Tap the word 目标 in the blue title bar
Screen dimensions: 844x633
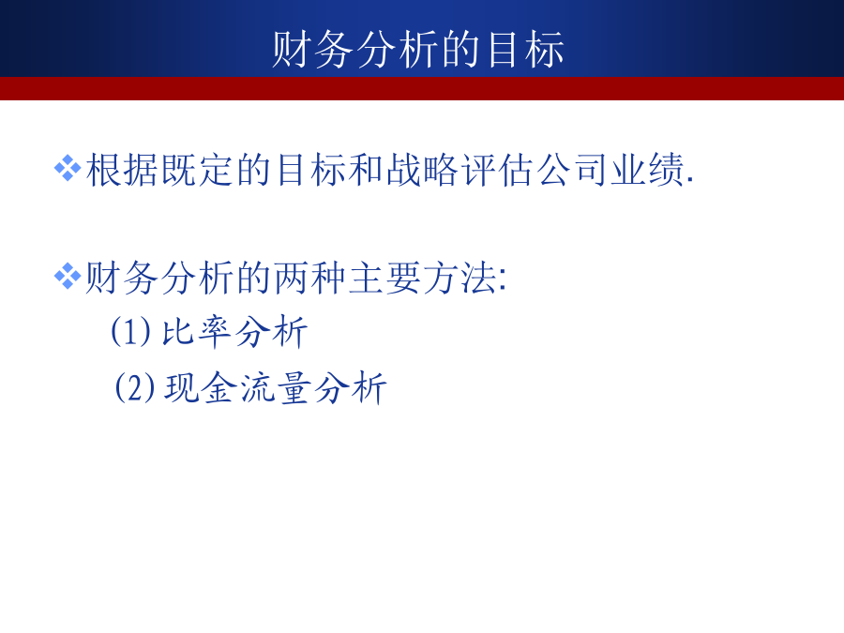pyautogui.click(x=525, y=50)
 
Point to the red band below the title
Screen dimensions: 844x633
pyautogui.click(x=422, y=88)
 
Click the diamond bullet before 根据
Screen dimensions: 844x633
pyautogui.click(x=68, y=168)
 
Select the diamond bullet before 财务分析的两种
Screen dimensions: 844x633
pyautogui.click(x=68, y=276)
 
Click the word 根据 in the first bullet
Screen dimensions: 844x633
pyautogui.click(x=123, y=170)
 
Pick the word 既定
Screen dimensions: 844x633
pyautogui.click(x=198, y=170)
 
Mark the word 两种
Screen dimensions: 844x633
pyautogui.click(x=310, y=278)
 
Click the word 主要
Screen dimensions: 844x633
pyautogui.click(x=384, y=278)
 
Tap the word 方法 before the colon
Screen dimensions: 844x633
pyautogui.click(x=460, y=278)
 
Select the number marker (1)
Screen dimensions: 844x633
pyautogui.click(x=130, y=331)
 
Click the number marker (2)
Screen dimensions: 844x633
pyautogui.click(x=134, y=387)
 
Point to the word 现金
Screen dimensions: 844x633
pyautogui.click(x=201, y=387)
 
